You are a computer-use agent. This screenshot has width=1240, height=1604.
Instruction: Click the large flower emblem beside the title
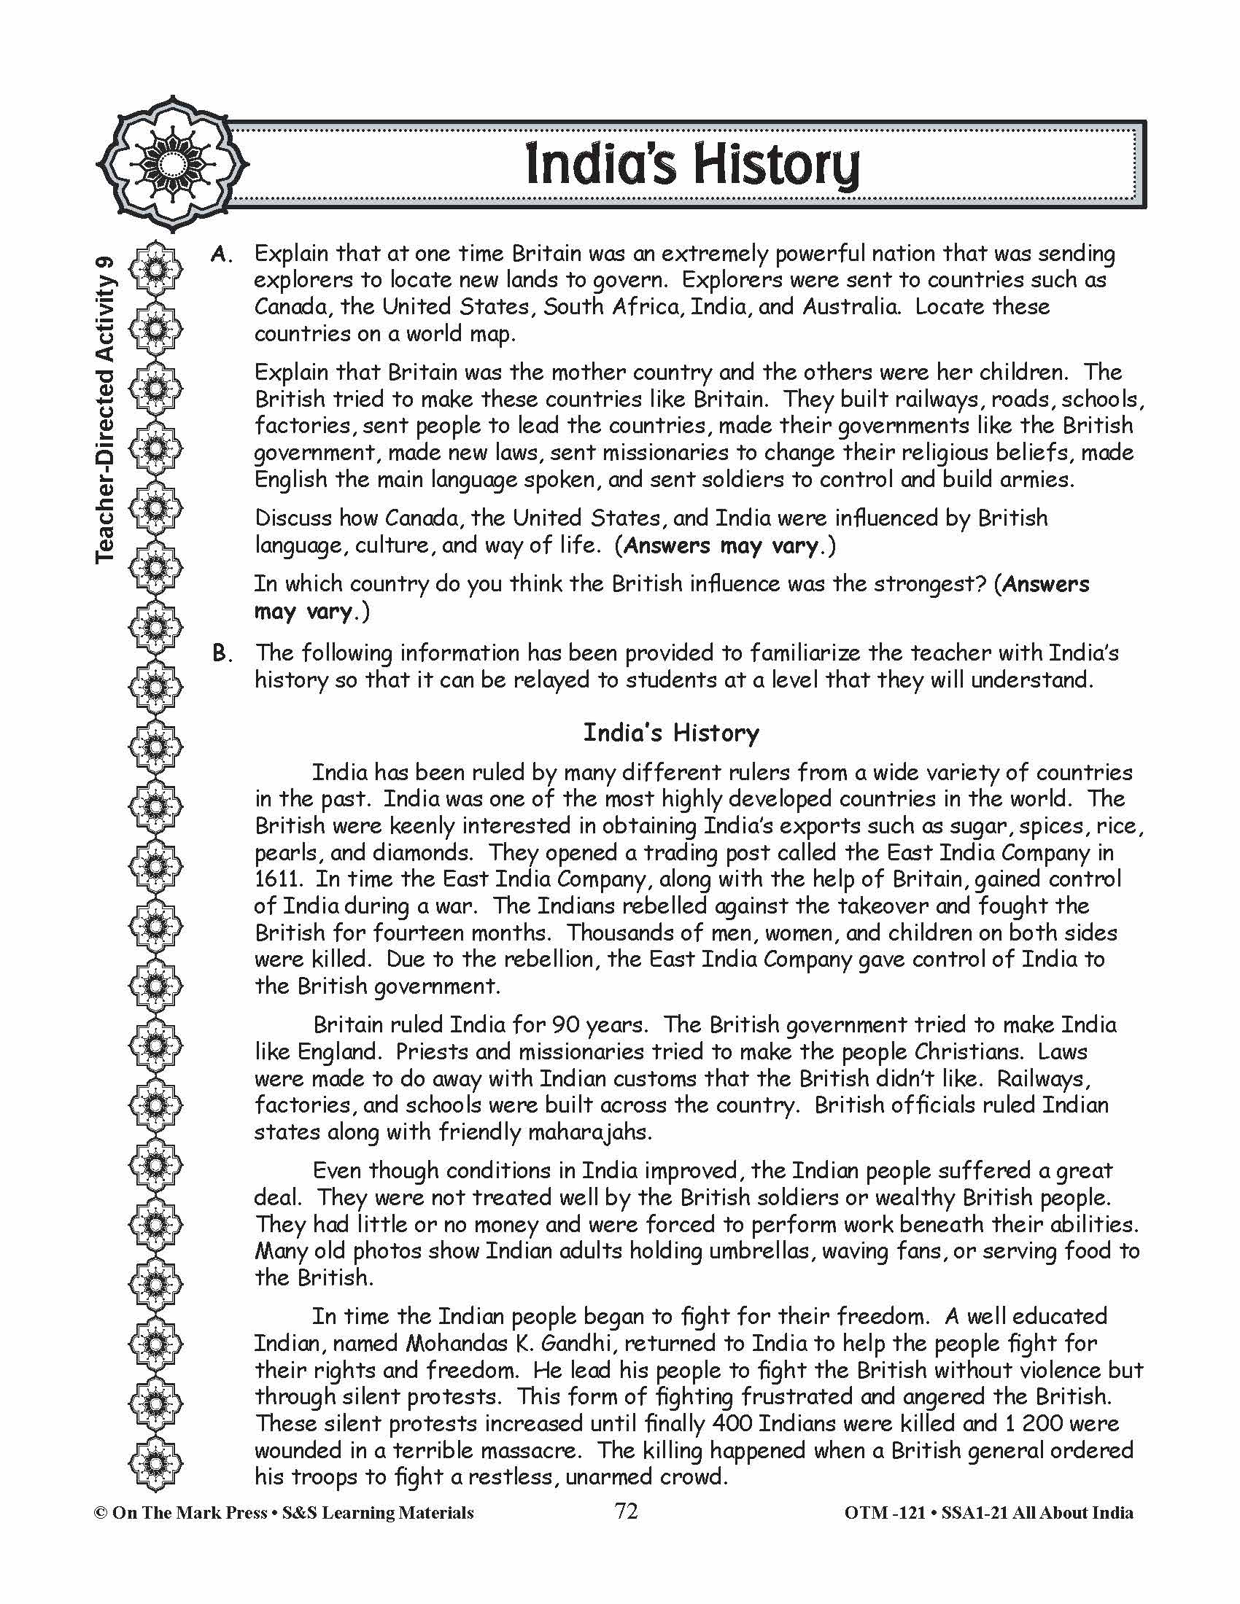[174, 163]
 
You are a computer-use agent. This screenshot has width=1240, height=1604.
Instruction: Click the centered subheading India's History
[670, 733]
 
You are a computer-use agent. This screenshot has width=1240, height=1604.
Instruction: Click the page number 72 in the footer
[626, 1511]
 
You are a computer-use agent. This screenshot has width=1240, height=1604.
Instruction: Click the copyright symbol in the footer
[100, 1513]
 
